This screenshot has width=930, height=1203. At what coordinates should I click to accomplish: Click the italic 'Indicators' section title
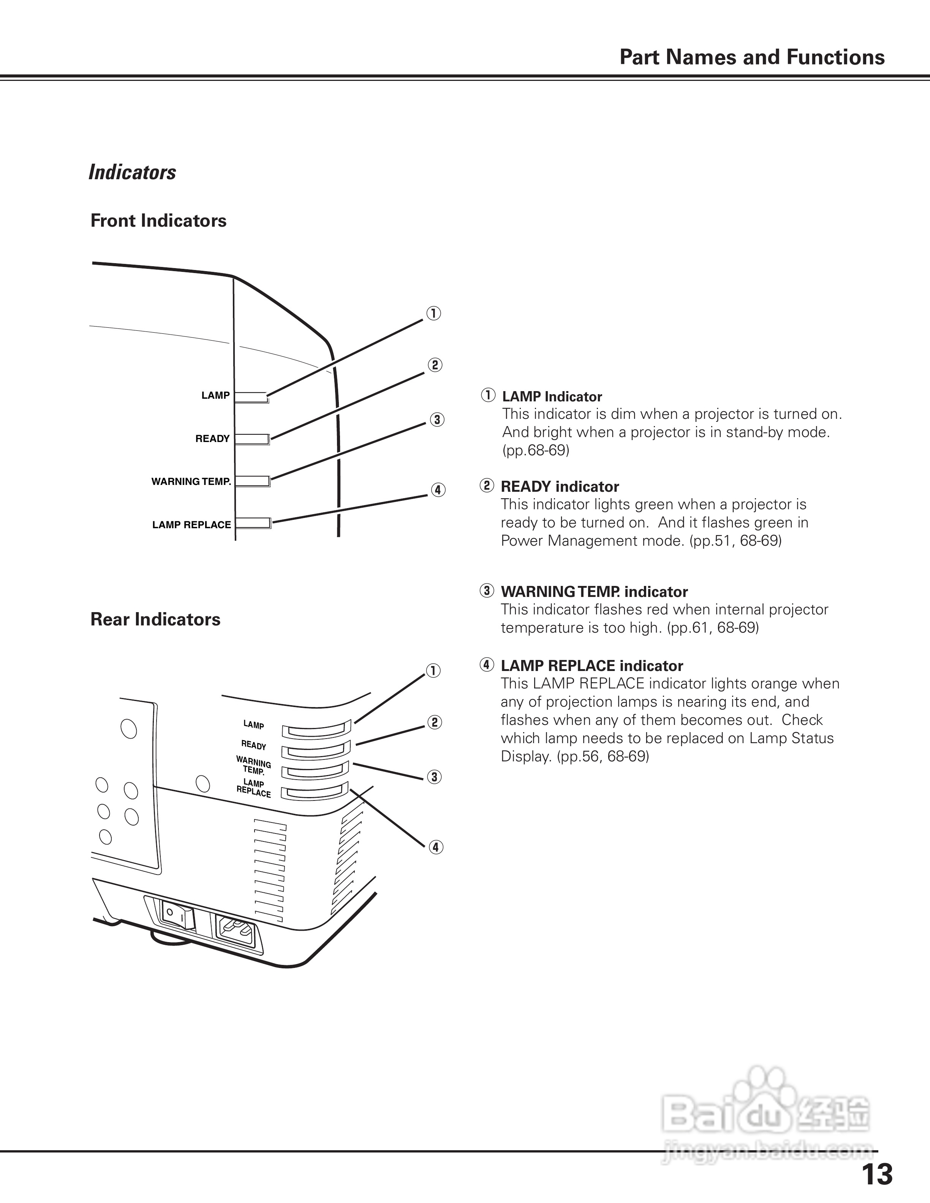click(x=132, y=172)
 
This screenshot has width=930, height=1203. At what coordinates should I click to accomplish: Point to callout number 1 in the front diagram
click(x=433, y=313)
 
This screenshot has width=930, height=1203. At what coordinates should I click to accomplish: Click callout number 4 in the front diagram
click(x=438, y=490)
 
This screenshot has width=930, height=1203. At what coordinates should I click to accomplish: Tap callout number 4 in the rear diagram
click(x=435, y=847)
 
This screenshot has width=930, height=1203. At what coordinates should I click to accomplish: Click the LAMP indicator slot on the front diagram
click(x=251, y=398)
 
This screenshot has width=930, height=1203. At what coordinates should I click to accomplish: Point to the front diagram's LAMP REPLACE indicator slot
click(x=253, y=523)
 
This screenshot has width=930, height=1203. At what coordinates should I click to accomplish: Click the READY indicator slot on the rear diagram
click(x=316, y=751)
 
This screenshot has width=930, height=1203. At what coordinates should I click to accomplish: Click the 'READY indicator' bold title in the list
click(x=559, y=487)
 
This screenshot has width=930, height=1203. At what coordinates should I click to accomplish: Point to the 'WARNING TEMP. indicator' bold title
click(x=593, y=592)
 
